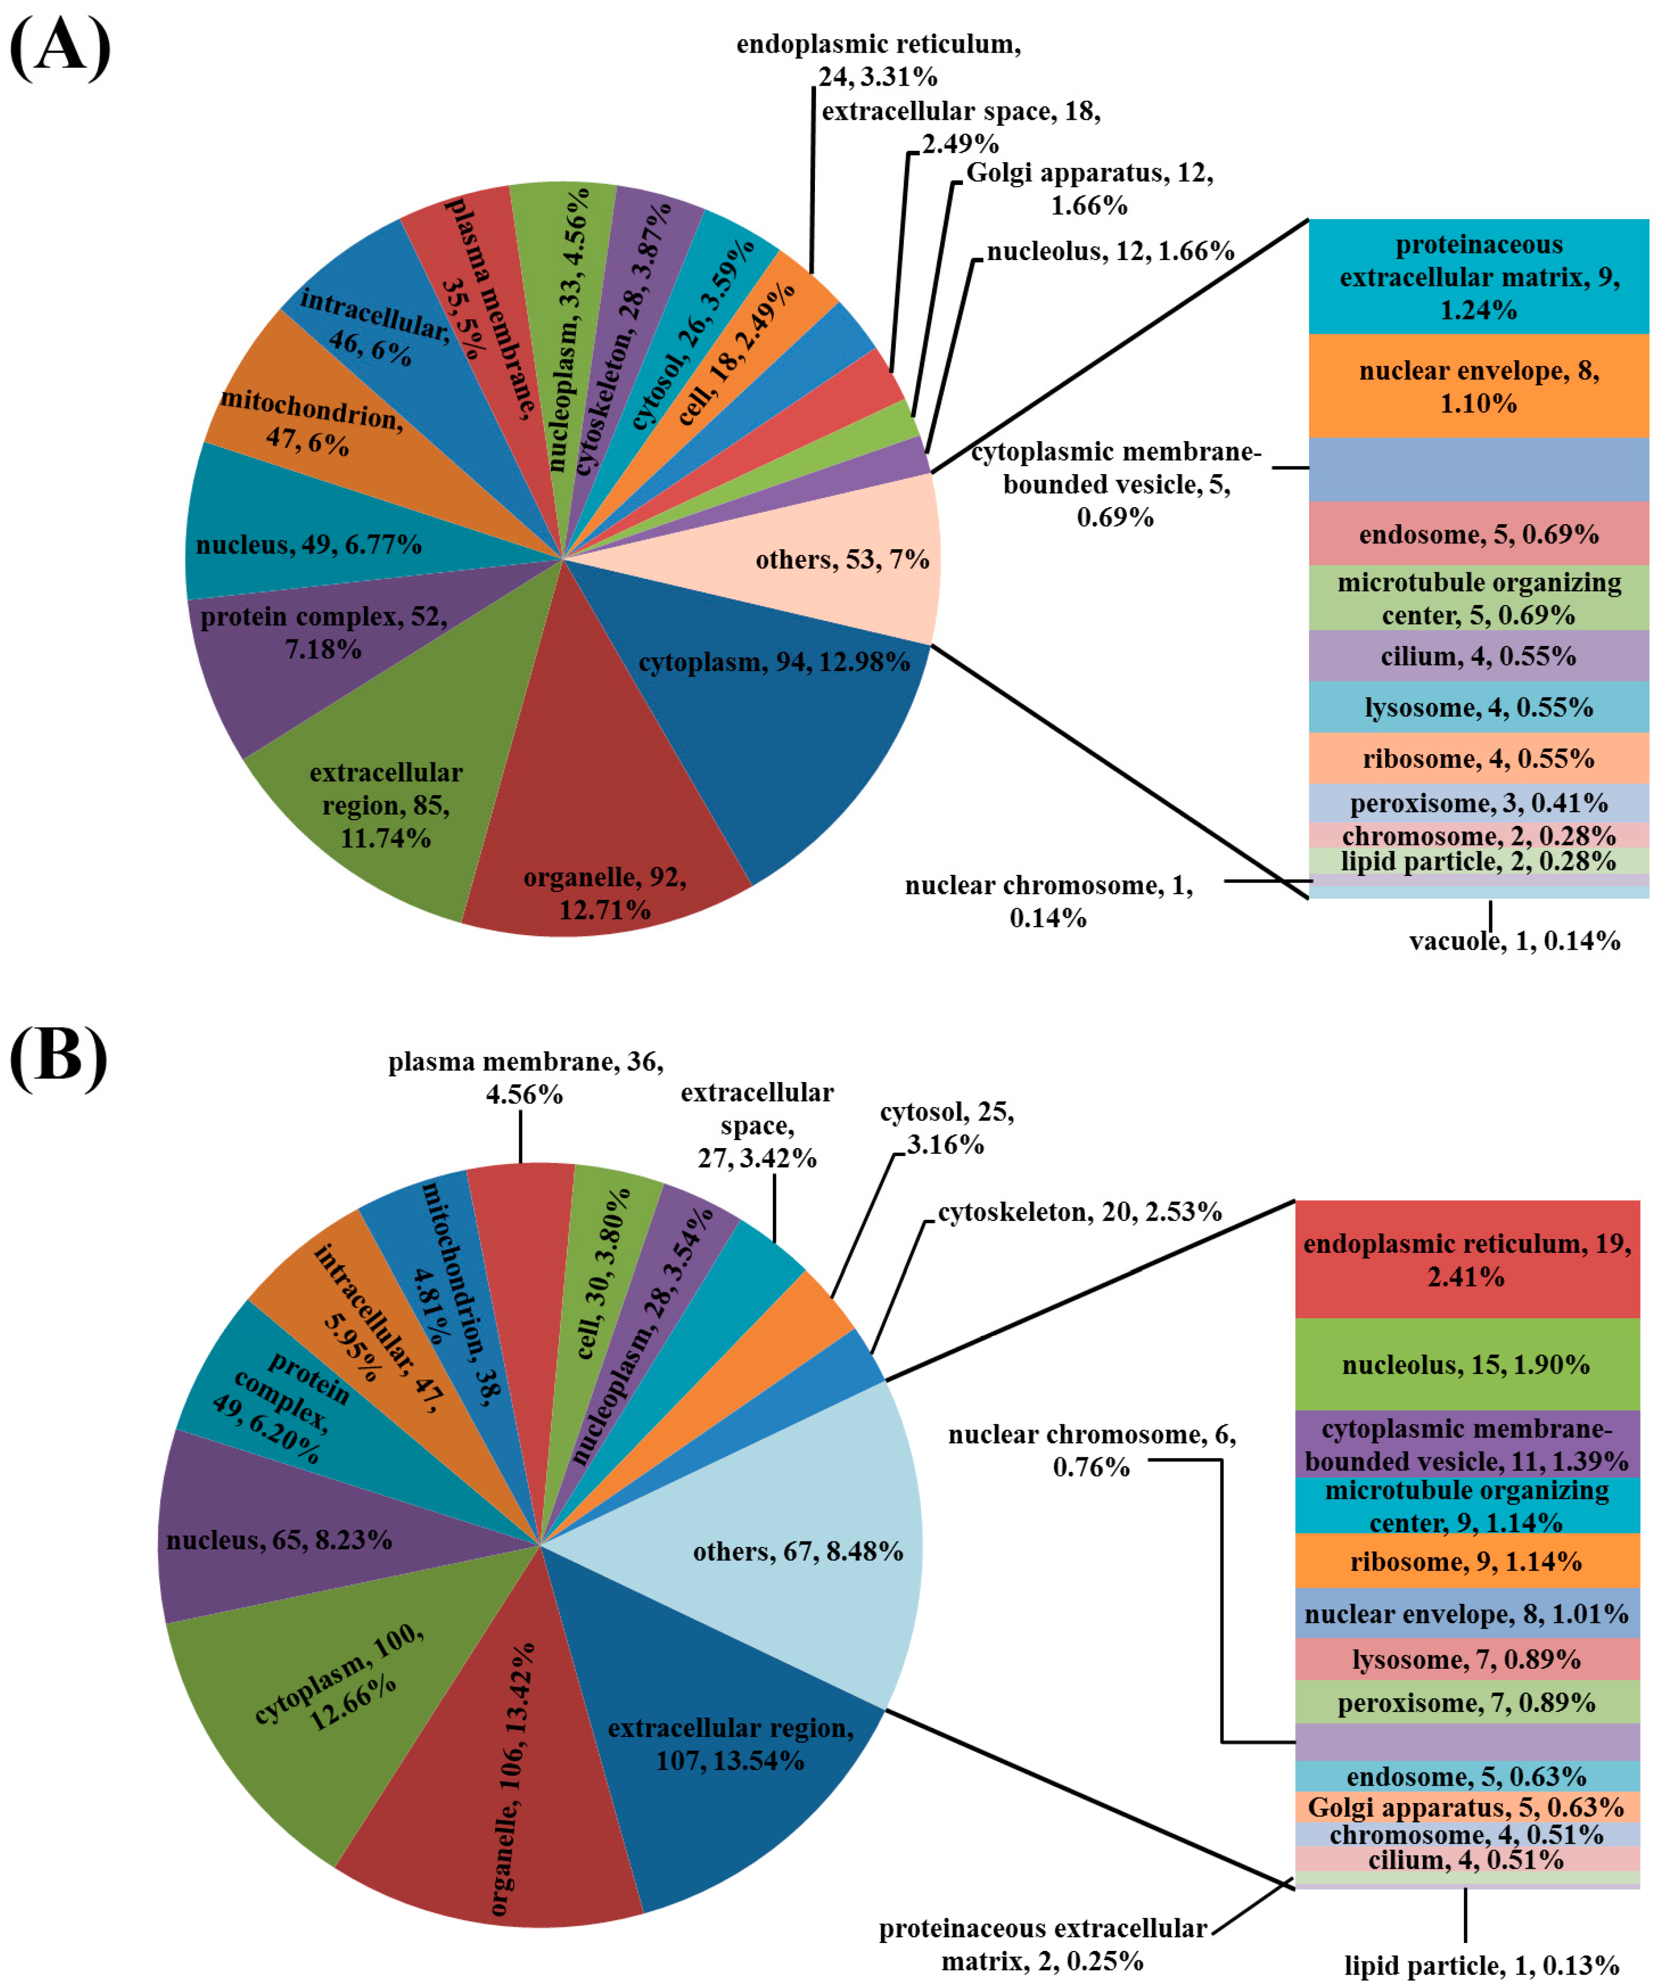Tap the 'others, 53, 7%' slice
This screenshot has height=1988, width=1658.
tap(834, 559)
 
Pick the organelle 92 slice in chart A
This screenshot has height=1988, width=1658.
tap(606, 852)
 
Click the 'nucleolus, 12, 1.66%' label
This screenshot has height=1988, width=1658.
tap(1110, 251)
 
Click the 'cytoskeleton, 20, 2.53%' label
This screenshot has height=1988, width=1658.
tap(1080, 1212)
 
